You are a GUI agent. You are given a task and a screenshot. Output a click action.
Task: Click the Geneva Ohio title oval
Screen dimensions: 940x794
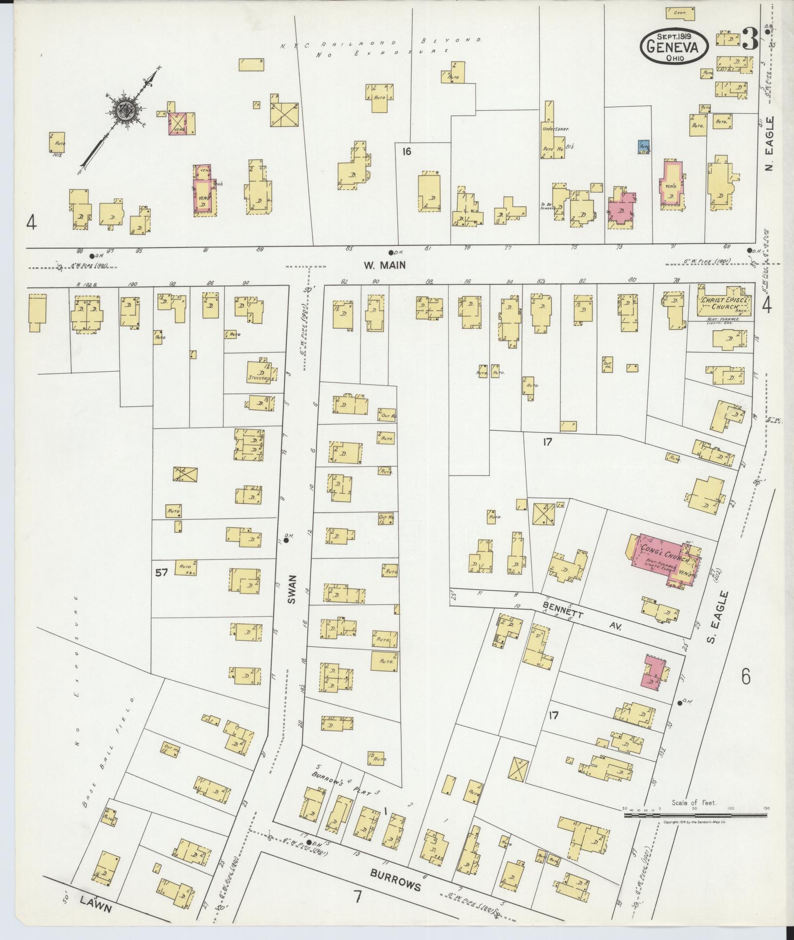(674, 45)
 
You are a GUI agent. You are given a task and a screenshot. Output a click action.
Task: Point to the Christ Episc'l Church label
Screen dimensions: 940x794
(725, 304)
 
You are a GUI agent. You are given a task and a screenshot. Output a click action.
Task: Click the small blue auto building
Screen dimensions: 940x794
(644, 147)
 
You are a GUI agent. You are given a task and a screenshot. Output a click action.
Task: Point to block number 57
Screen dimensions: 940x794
(161, 572)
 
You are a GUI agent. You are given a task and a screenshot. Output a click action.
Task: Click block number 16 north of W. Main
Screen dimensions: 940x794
(407, 152)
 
